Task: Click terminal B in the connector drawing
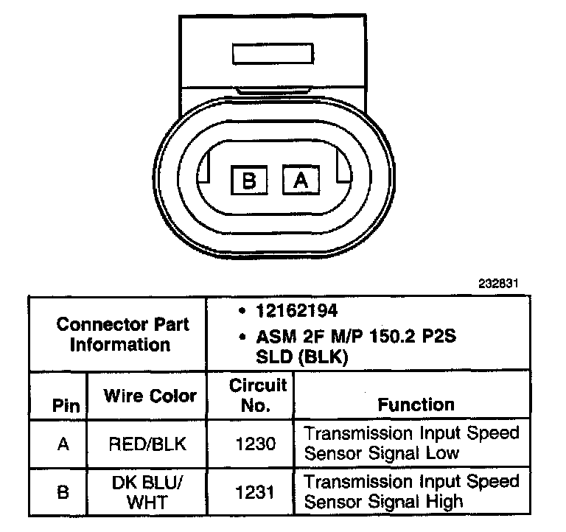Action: click(x=249, y=180)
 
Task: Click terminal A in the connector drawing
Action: click(x=301, y=180)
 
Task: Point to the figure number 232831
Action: click(x=509, y=283)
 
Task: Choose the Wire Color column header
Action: click(x=150, y=396)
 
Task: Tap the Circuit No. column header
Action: click(x=258, y=395)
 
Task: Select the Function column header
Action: click(x=416, y=404)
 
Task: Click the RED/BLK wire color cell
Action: click(x=147, y=444)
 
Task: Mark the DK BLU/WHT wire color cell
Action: click(x=147, y=491)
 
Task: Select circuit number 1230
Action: click(x=257, y=444)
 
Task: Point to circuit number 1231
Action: click(x=257, y=491)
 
